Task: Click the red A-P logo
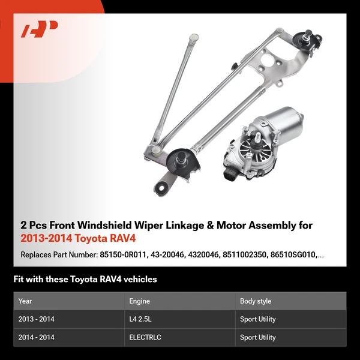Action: pyautogui.click(x=40, y=29)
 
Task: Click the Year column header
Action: pyautogui.click(x=25, y=301)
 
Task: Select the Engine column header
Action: pyautogui.click(x=139, y=301)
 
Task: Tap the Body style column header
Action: pyautogui.click(x=256, y=301)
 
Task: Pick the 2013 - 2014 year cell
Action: pyautogui.click(x=36, y=319)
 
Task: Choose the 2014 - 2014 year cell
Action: pyautogui.click(x=36, y=337)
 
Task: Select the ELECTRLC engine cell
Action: pyautogui.click(x=145, y=337)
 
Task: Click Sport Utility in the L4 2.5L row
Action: pyautogui.click(x=258, y=319)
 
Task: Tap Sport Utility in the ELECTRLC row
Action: pyautogui.click(x=258, y=337)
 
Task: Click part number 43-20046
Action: pyautogui.click(x=167, y=254)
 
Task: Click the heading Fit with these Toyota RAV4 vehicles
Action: pyautogui.click(x=85, y=279)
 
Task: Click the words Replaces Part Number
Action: pyautogui.click(x=59, y=254)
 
